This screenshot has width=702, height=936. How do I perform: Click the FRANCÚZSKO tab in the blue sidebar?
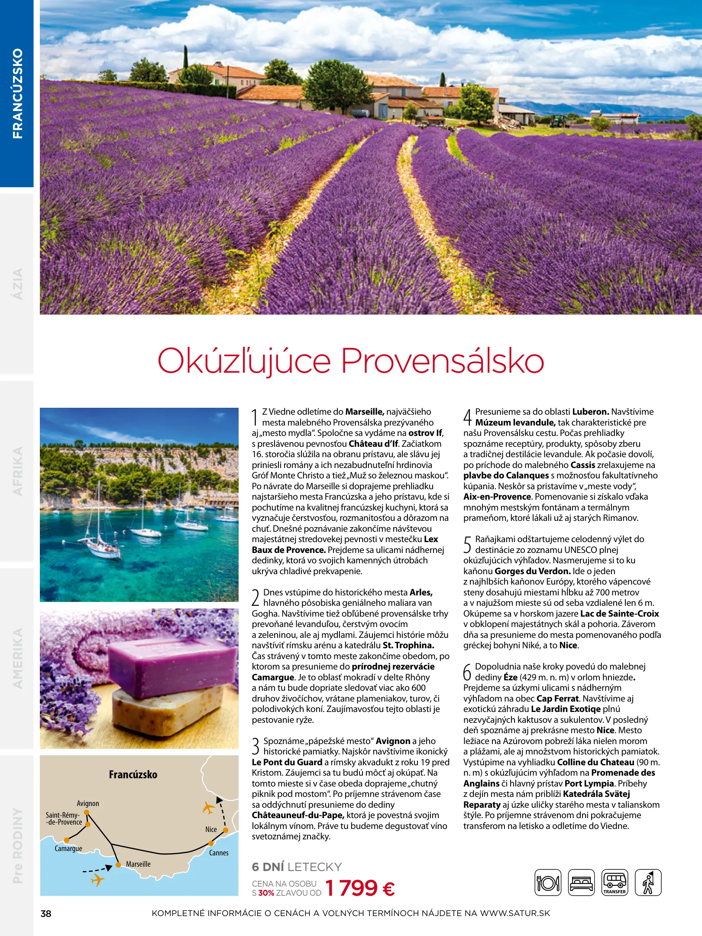[x=17, y=93]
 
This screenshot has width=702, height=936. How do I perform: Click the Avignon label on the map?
[x=88, y=803]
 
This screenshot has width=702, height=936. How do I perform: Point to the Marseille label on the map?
[x=138, y=864]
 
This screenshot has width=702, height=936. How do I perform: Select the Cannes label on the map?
[x=219, y=853]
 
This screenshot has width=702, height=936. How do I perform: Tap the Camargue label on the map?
[x=68, y=848]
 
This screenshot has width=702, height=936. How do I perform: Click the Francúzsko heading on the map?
[x=133, y=775]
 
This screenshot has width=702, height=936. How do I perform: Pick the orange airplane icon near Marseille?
[x=98, y=880]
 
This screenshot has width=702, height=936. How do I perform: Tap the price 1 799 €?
[x=359, y=888]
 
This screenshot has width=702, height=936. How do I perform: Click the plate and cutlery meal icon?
[x=548, y=883]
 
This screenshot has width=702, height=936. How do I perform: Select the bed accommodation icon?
[x=581, y=883]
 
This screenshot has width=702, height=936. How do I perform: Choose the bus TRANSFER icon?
[x=615, y=883]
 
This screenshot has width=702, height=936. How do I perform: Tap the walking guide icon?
[x=648, y=883]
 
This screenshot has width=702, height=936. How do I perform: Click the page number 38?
[x=46, y=913]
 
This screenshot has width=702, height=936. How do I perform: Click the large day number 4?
[x=467, y=417]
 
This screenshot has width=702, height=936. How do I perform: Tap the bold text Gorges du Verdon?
[x=532, y=571]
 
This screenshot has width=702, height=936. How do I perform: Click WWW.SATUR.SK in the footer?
[x=515, y=913]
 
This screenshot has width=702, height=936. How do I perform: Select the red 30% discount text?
[x=266, y=893]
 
